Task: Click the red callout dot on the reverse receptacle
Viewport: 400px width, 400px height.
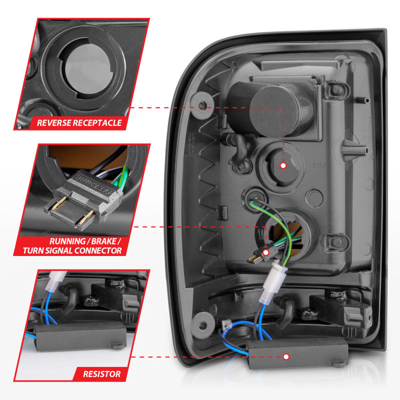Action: point(283,165)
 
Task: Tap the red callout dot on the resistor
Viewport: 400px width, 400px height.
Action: point(286,356)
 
